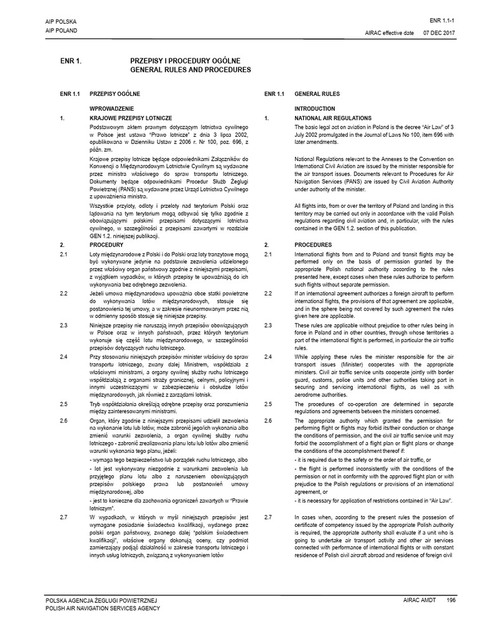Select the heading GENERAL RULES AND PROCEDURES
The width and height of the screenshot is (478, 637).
188,70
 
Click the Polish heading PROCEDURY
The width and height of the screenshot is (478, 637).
107,245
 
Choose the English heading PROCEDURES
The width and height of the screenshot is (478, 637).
314,245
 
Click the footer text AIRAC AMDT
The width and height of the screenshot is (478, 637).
417,600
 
